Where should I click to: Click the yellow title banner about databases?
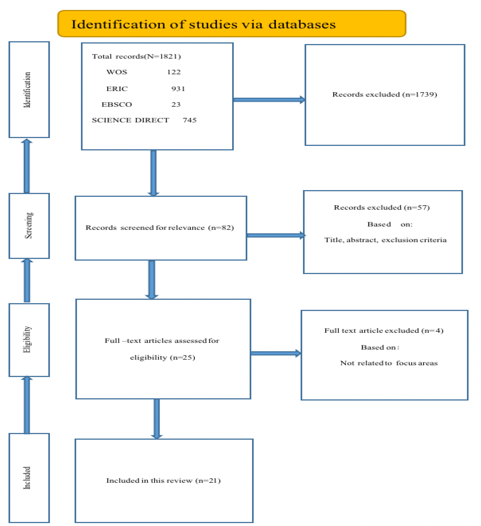pos(231,24)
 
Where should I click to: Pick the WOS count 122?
pos(174,72)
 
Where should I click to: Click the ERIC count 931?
pos(178,89)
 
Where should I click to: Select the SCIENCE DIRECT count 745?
pos(190,120)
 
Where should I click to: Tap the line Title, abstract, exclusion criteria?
pos(385,240)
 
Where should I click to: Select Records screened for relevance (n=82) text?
pos(160,228)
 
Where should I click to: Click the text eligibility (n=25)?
pos(162,357)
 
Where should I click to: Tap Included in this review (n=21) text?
pos(163,480)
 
